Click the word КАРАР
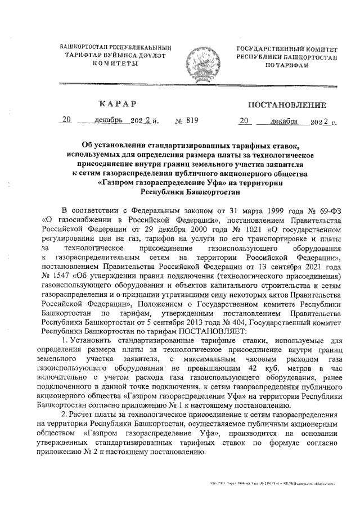[118, 104]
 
